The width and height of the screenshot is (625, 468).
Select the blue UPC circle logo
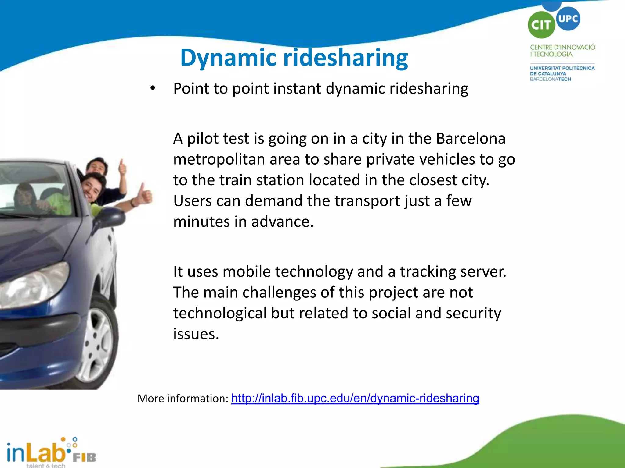(568, 19)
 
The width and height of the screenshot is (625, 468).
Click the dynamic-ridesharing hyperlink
(355, 398)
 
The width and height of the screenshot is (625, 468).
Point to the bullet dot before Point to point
(153, 88)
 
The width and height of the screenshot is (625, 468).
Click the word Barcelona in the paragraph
(471, 139)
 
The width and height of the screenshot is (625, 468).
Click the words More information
(182, 399)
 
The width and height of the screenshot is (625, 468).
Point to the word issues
(196, 334)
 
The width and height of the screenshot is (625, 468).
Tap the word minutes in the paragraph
(201, 222)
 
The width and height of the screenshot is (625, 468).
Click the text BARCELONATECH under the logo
(550, 79)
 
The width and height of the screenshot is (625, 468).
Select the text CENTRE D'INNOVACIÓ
(562, 47)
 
